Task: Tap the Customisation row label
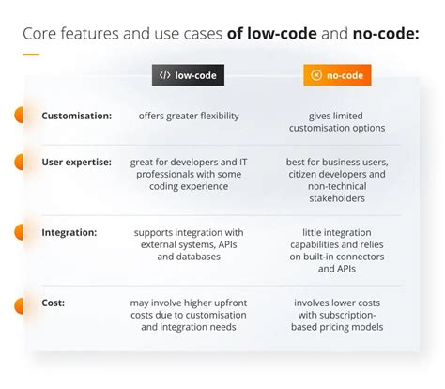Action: tap(76, 116)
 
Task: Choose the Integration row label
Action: tap(69, 231)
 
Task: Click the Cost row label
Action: tap(54, 303)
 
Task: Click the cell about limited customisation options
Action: tap(337, 121)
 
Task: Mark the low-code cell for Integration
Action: tap(188, 243)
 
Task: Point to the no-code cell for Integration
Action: tap(337, 249)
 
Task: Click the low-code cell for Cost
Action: tap(188, 315)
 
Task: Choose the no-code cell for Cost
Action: tap(337, 315)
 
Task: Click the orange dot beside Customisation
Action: tap(18, 116)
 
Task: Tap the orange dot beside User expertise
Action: tap(18, 162)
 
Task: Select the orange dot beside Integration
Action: tap(18, 231)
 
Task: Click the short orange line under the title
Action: tap(30, 54)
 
